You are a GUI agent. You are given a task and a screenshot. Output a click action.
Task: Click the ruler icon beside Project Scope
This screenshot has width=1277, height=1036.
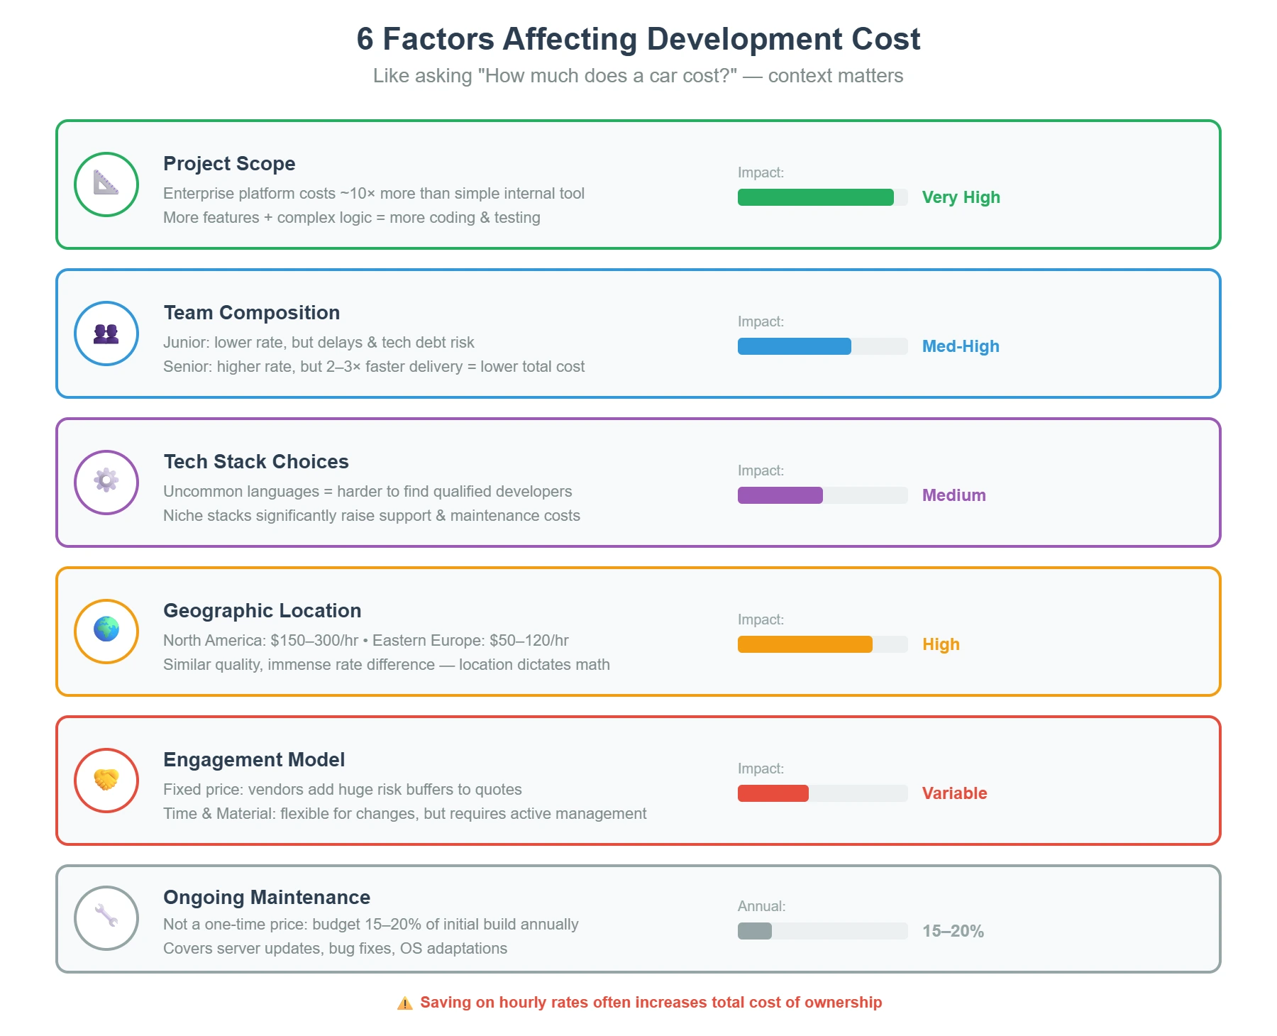tap(106, 184)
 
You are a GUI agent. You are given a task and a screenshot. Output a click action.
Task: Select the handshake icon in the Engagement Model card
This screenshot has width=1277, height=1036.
tap(106, 780)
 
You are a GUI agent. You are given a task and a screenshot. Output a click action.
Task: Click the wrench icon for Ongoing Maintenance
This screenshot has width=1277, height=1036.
tap(106, 916)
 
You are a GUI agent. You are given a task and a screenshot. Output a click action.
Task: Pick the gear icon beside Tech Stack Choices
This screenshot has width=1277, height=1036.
tap(106, 481)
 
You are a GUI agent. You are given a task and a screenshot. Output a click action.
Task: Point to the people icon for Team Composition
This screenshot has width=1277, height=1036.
tap(106, 334)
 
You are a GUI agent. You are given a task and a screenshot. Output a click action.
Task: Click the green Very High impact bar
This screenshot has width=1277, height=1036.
tap(815, 197)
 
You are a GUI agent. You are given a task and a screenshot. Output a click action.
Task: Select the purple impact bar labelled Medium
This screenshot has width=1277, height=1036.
tap(780, 495)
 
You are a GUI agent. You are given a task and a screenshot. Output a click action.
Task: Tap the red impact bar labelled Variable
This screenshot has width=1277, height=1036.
tap(773, 793)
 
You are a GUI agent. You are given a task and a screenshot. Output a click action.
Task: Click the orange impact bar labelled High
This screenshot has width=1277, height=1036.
tap(805, 644)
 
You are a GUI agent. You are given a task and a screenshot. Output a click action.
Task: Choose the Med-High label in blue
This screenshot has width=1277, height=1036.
tap(960, 346)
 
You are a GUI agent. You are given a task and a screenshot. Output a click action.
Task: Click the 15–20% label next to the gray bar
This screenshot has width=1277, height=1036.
tap(952, 931)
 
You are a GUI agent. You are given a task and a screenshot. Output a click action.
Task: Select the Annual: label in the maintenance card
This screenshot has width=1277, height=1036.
tap(761, 906)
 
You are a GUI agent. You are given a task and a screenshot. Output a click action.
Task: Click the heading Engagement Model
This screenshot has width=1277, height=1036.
tap(254, 759)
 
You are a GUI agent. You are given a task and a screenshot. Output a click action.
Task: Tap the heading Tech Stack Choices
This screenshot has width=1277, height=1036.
tap(256, 461)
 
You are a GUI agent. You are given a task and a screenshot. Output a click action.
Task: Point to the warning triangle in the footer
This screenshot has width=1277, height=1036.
tap(404, 1003)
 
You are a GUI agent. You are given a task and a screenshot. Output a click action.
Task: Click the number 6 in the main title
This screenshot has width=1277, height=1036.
tap(365, 39)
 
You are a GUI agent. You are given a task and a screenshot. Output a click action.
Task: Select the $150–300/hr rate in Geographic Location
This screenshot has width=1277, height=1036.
tap(314, 640)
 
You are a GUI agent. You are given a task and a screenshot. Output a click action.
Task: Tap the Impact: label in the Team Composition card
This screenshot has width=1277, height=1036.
tap(761, 321)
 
